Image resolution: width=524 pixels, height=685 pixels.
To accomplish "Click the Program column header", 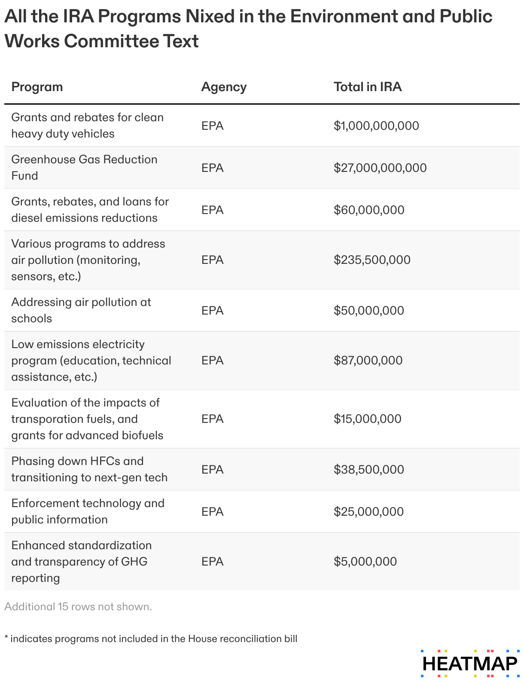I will click(37, 87).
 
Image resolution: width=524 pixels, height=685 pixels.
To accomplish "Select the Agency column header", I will click(224, 87).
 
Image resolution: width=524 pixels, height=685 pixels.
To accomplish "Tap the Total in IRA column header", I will click(368, 87).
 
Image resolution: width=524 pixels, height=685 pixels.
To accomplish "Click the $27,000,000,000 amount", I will click(380, 168).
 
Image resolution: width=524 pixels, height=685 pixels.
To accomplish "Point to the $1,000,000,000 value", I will click(376, 125).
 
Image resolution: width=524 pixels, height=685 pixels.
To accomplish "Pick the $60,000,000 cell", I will click(369, 210).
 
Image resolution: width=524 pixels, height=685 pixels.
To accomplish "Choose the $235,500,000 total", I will click(372, 260).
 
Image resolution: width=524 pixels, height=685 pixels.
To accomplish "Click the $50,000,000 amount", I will click(369, 310).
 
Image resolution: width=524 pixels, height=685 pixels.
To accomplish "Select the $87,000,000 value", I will click(368, 360).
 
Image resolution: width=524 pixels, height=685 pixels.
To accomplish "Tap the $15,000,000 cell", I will click(368, 419).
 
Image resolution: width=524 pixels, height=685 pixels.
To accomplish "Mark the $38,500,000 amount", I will click(369, 469).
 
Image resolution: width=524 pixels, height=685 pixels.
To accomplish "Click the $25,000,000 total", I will click(369, 511).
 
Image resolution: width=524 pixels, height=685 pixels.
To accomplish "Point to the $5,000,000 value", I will click(365, 561).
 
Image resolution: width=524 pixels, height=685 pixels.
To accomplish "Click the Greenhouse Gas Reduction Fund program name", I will click(84, 168).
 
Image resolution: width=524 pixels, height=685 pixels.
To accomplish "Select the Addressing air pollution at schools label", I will click(81, 310).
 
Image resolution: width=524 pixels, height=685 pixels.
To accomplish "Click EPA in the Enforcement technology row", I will click(213, 511).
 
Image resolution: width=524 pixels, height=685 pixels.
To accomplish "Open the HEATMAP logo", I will click(470, 664).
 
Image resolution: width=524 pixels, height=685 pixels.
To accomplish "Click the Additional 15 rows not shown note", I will click(78, 607).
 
